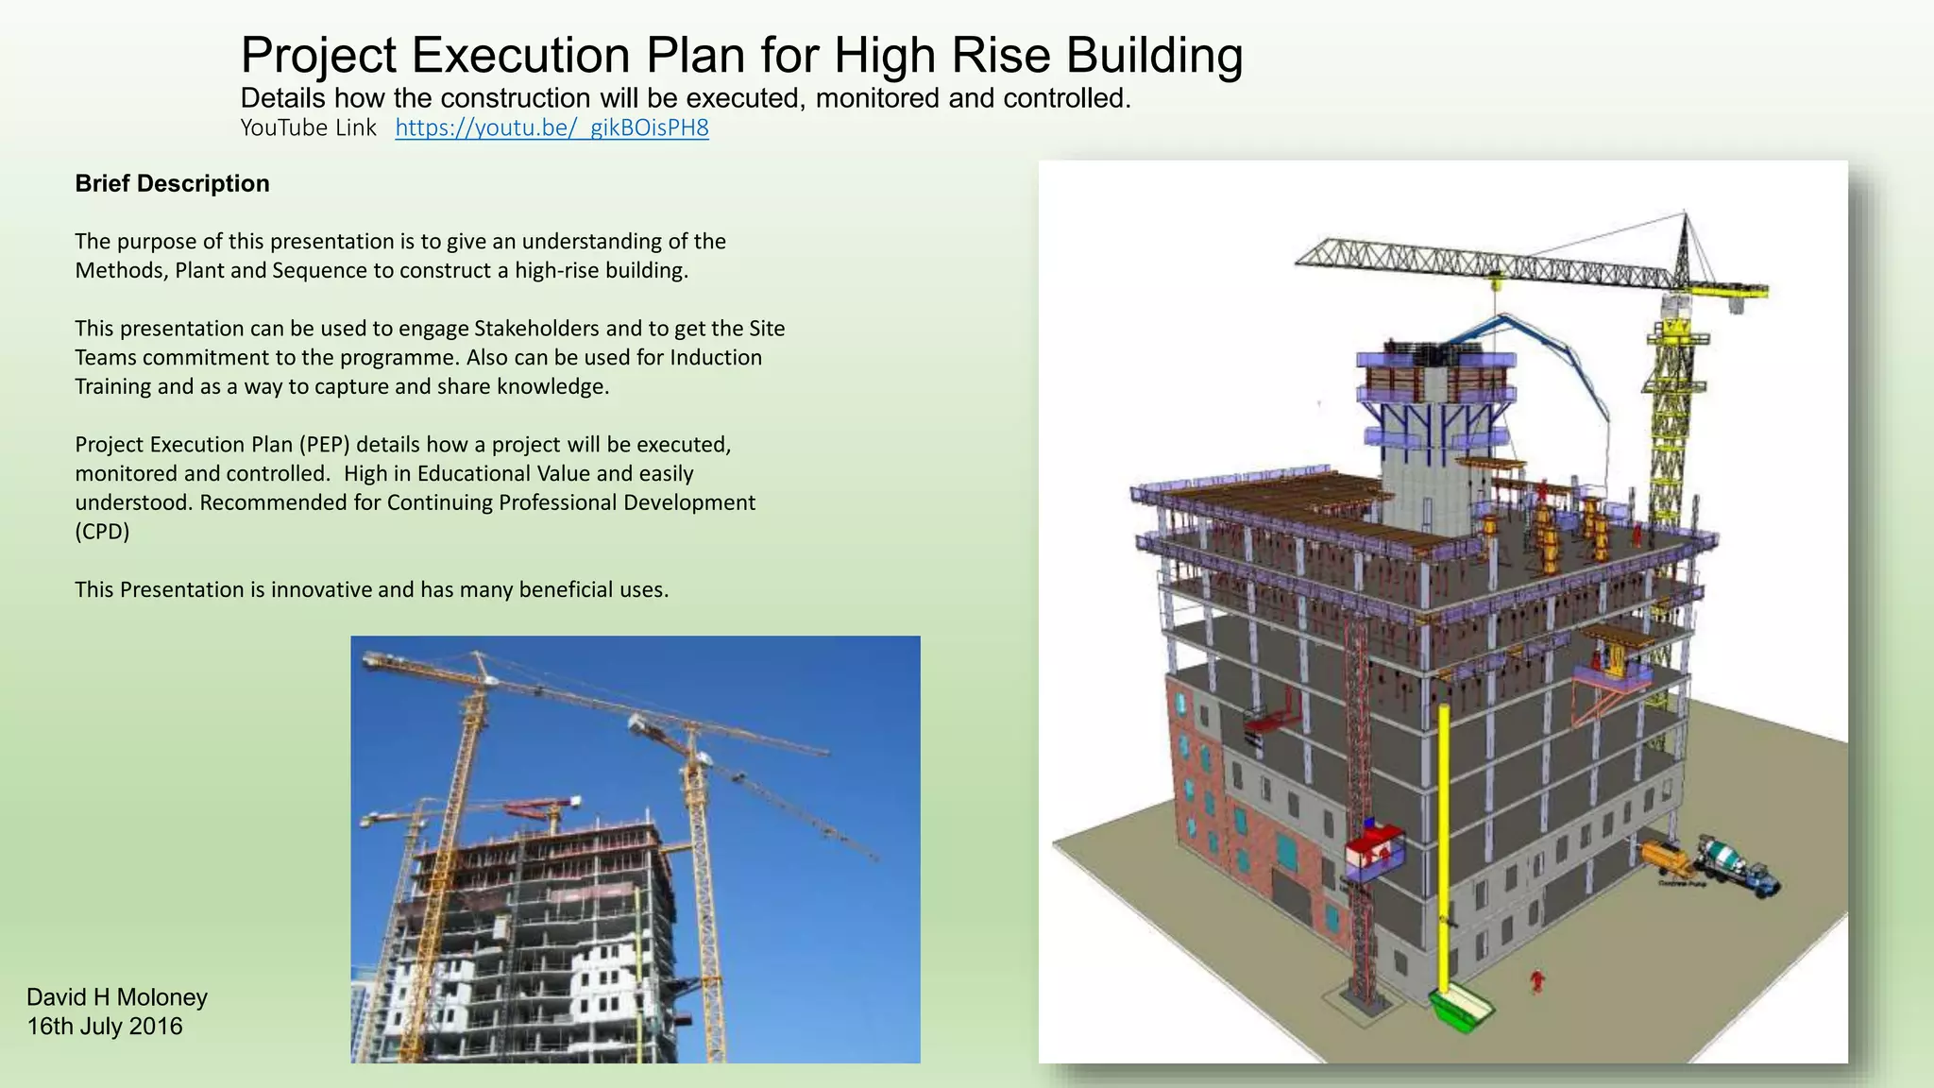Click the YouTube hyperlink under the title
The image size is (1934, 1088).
point(551,128)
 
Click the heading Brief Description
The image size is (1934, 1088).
point(172,183)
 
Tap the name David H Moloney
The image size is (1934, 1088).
point(117,997)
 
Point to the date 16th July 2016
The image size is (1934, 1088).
point(105,1027)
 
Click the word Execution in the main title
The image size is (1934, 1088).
point(521,55)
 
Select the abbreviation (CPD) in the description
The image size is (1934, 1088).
point(102,532)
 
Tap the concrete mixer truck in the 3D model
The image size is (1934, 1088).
point(1736,863)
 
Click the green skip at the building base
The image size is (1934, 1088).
point(1461,1011)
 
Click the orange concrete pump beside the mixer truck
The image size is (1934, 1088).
point(1667,858)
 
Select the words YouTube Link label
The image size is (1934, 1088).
point(308,128)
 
